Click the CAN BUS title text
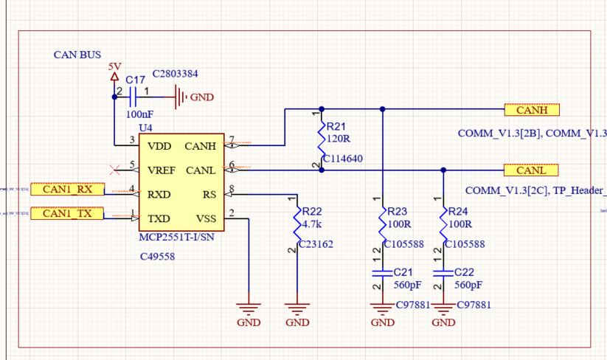tap(77, 55)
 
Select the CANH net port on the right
tap(532, 110)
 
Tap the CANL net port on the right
tap(532, 170)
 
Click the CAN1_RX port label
tap(67, 189)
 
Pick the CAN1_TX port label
tap(67, 213)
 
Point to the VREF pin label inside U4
tap(162, 170)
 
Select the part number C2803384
tap(175, 74)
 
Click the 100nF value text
tap(139, 114)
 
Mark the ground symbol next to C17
tap(181, 96)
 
